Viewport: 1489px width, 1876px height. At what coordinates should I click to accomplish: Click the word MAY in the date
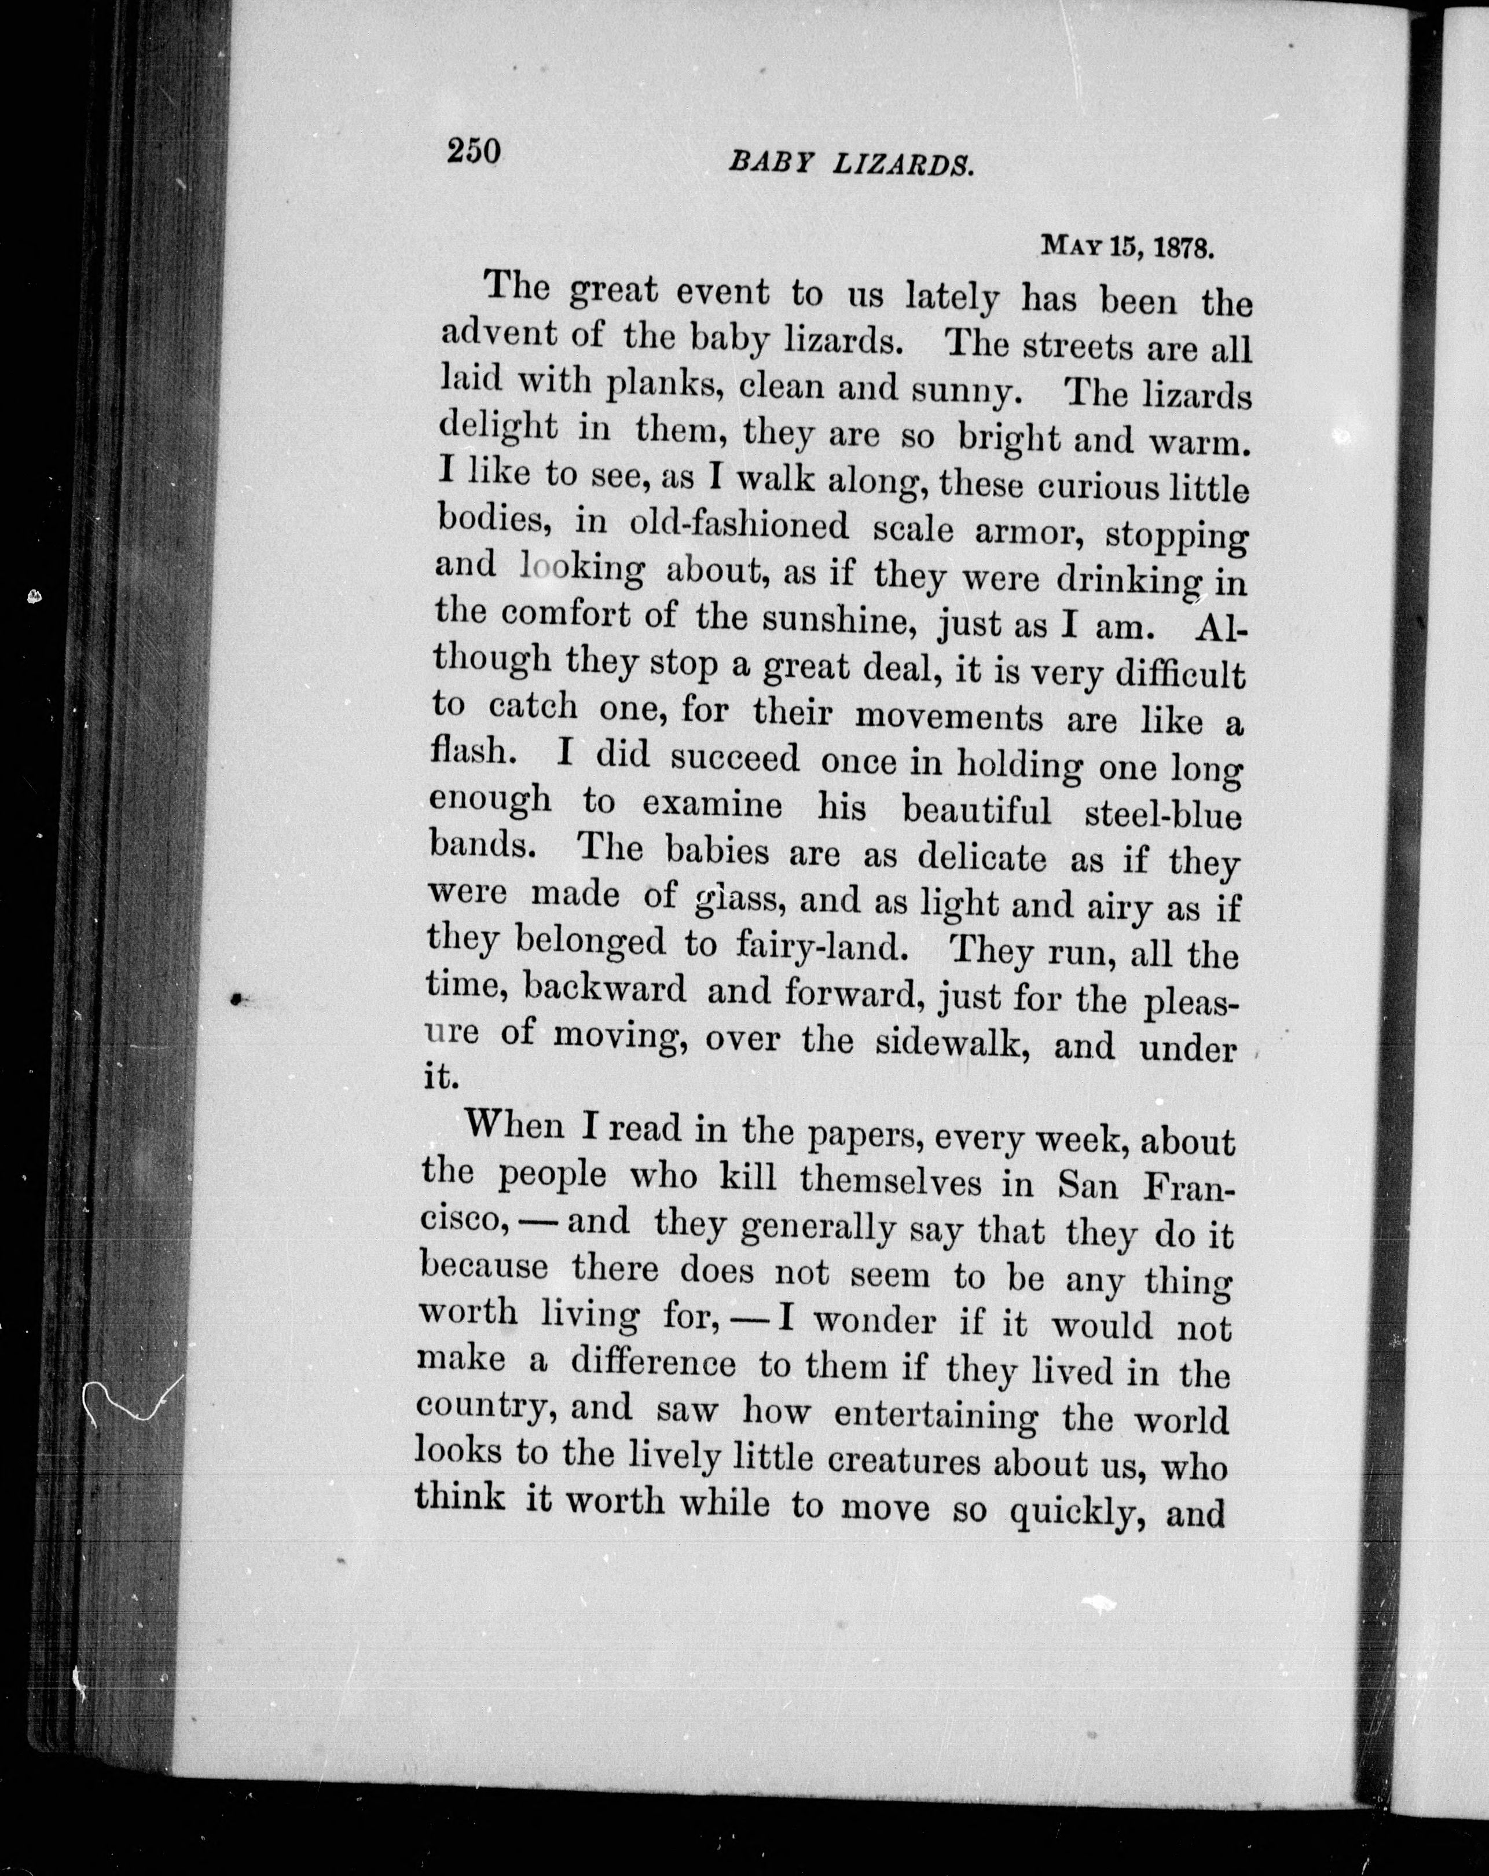1072,246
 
